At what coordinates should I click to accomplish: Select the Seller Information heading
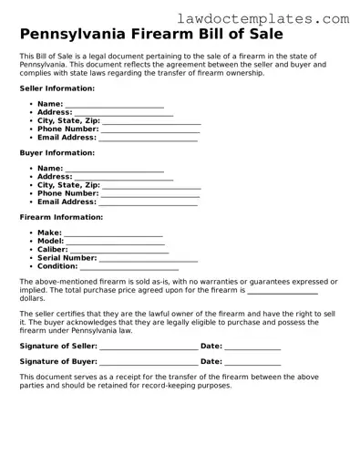point(57,88)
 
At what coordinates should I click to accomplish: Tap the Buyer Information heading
point(57,152)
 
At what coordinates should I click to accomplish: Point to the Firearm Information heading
point(61,217)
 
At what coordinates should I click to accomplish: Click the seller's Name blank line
point(115,106)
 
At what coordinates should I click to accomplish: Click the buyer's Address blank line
point(124,179)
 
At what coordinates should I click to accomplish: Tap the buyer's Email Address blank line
point(149,203)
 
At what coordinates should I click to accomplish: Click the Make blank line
point(113,234)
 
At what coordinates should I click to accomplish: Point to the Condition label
point(57,266)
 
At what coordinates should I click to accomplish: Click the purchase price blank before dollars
point(283,293)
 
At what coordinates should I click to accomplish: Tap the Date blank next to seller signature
point(252,348)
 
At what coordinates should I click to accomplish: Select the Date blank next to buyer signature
point(252,364)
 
